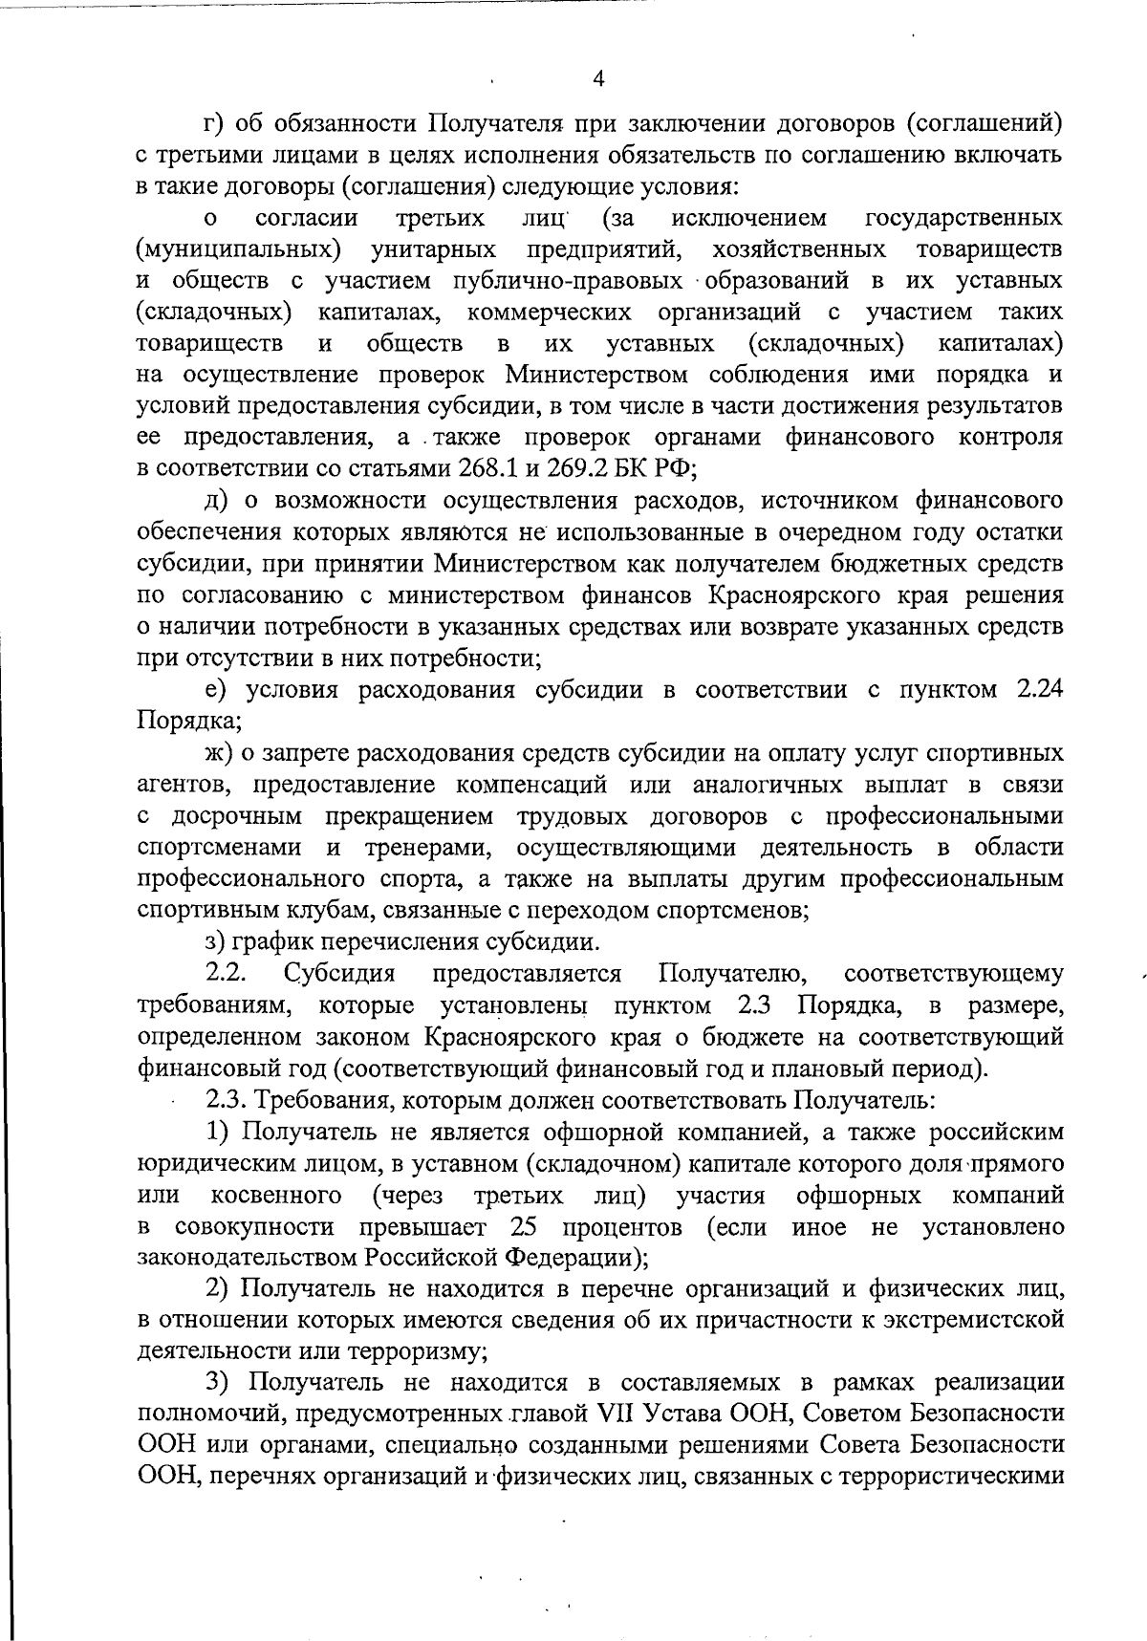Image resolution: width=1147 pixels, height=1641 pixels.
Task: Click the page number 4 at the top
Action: pyautogui.click(x=598, y=79)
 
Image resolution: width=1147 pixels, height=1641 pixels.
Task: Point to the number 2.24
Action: pyautogui.click(x=1037, y=689)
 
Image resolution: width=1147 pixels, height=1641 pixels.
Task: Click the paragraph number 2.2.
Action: pyautogui.click(x=227, y=974)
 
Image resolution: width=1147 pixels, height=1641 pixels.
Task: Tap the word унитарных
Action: pyautogui.click(x=433, y=249)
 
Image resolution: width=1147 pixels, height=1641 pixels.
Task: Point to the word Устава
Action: pyautogui.click(x=687, y=1413)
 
